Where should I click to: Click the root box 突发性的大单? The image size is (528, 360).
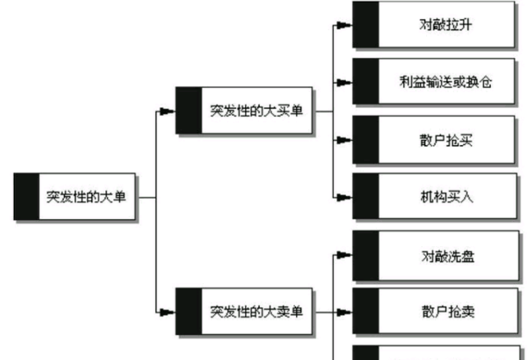[86, 197]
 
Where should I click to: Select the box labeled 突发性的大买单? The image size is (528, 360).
[255, 111]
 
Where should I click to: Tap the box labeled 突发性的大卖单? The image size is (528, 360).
[255, 311]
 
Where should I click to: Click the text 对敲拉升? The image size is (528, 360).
[444, 24]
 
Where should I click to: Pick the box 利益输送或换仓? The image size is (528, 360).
[444, 82]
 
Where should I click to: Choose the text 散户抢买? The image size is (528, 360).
[444, 141]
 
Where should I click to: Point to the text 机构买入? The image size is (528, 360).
[444, 197]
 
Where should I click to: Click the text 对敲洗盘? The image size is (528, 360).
[444, 255]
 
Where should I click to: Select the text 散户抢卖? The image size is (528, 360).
[444, 311]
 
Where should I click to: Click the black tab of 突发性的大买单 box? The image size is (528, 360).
[188, 111]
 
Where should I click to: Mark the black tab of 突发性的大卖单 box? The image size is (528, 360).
[188, 311]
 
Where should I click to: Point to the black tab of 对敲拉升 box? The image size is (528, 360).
[366, 24]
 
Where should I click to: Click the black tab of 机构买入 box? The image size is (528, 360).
[366, 197]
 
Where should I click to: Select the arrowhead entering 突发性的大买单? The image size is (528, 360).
[168, 111]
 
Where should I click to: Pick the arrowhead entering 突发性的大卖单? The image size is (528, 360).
[168, 311]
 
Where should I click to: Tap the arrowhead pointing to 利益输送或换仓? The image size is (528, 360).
[345, 83]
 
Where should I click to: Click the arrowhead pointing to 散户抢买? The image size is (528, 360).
[345, 141]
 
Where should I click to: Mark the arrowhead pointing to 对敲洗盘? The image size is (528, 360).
[345, 255]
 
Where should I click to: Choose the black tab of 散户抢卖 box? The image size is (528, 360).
[366, 311]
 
